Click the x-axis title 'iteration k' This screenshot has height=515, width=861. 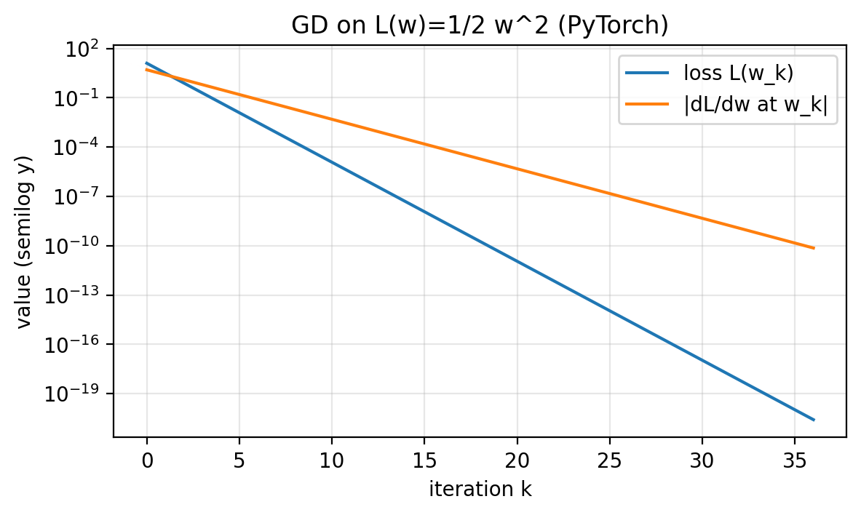click(480, 490)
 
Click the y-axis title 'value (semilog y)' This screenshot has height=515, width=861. click(25, 241)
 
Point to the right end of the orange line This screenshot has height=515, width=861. click(814, 248)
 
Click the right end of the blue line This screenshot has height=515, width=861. click(814, 420)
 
